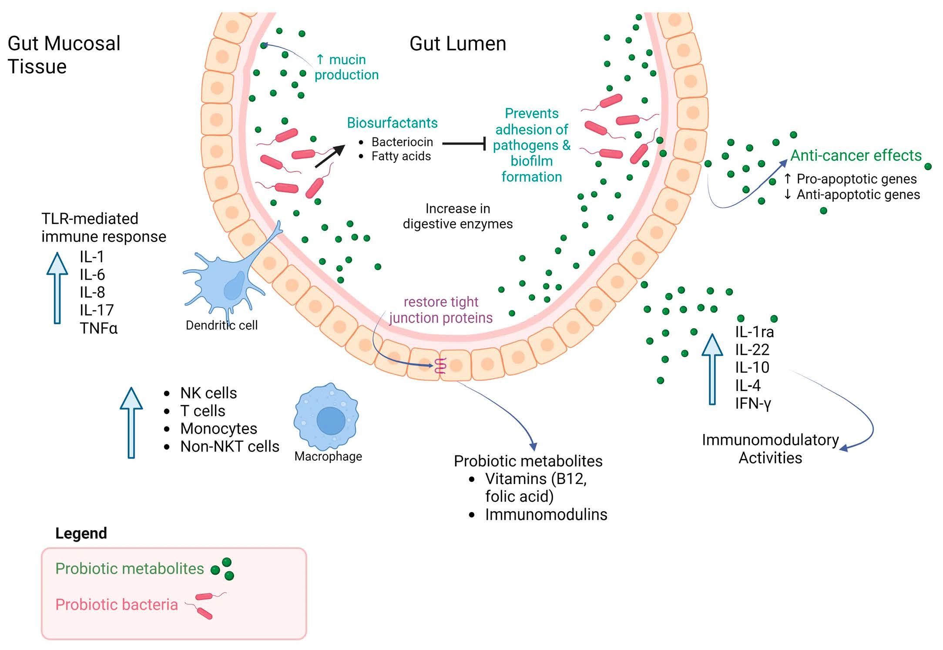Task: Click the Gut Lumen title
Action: tap(457, 44)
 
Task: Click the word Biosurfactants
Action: tap(392, 123)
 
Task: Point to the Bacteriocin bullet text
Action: tap(402, 142)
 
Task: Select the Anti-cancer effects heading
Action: tap(856, 155)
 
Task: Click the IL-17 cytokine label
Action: tap(97, 310)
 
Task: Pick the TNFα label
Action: tap(98, 328)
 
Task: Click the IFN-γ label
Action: tap(753, 403)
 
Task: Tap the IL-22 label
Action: tap(752, 350)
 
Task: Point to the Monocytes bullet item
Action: tap(218, 428)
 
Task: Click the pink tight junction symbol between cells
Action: tap(440, 366)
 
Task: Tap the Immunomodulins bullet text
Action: tap(546, 515)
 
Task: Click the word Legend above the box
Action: tap(81, 533)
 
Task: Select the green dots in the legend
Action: tap(222, 569)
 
